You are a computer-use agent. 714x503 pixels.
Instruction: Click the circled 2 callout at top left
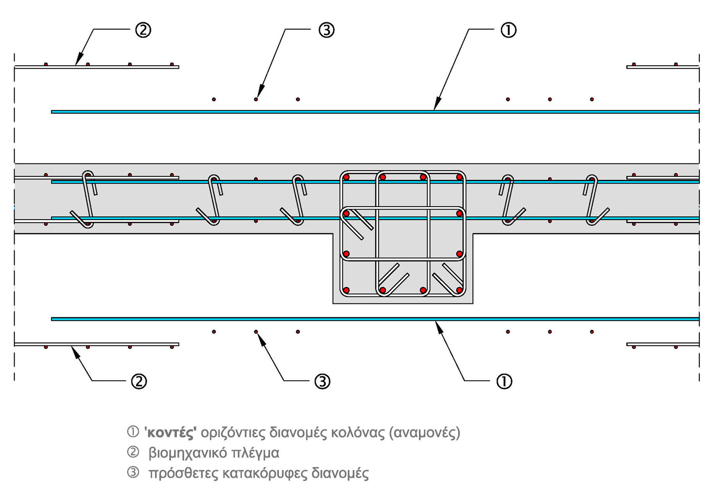point(143,30)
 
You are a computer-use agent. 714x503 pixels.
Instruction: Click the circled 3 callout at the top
point(326,30)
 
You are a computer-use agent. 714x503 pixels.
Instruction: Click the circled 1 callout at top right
point(509,30)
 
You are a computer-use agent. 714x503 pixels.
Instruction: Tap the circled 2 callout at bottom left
point(139,381)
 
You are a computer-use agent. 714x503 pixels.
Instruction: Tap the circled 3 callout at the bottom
point(322,381)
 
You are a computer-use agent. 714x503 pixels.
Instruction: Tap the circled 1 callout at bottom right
point(504,381)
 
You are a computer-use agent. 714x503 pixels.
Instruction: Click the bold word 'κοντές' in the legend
point(170,433)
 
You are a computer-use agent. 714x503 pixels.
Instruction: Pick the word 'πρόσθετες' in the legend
point(183,474)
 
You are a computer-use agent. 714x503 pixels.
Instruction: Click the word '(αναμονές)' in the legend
point(424,433)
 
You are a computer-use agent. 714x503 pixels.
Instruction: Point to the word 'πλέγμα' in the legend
point(257,453)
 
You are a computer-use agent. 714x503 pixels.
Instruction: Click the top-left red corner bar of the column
point(346,178)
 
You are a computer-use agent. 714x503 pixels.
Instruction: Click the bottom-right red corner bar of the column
point(460,290)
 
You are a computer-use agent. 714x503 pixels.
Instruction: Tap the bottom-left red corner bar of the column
point(346,290)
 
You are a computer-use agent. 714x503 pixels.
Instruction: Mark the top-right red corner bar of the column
point(460,178)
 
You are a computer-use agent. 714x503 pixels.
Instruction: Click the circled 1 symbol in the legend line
point(132,432)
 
